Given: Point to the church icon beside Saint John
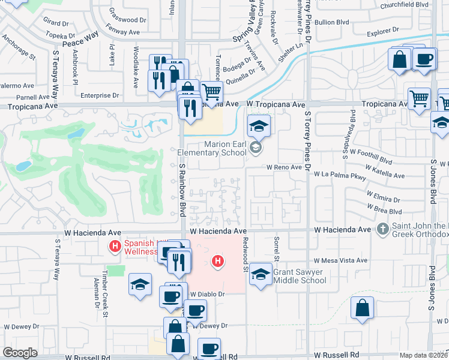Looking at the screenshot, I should [382, 229].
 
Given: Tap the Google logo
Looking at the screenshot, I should [20, 352].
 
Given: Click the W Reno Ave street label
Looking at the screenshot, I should [284, 167].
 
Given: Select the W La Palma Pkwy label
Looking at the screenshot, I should [340, 175].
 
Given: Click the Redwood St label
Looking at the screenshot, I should [246, 254].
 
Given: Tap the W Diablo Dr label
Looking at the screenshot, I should [207, 295].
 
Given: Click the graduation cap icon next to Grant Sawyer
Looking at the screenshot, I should [261, 274].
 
